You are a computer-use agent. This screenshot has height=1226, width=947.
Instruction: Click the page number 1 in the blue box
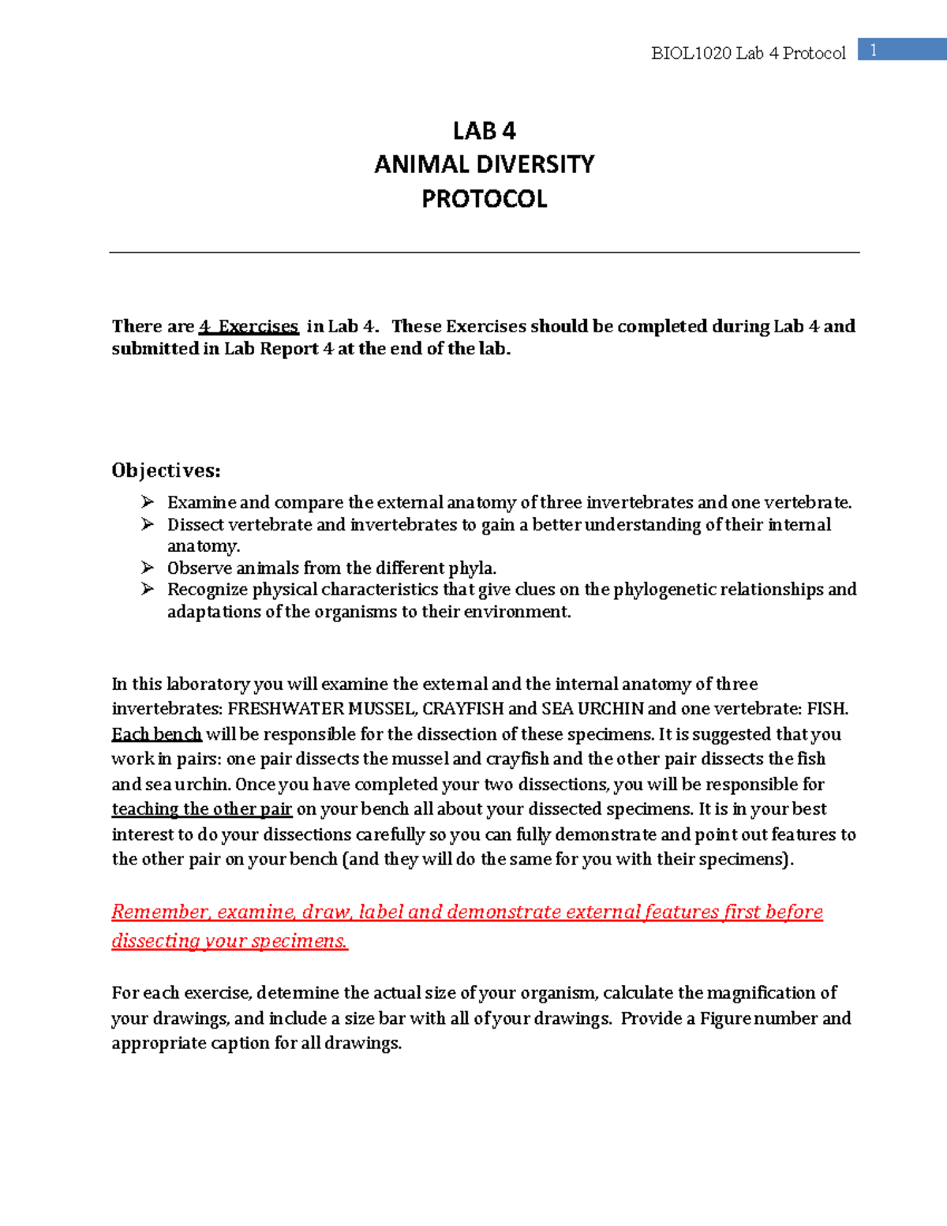pyautogui.click(x=874, y=51)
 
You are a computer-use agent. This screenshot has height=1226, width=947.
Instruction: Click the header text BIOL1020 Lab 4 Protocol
pyautogui.click(x=747, y=53)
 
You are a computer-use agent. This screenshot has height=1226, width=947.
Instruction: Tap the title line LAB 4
pyautogui.click(x=484, y=130)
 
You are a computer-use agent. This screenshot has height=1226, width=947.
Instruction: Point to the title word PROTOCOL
pyautogui.click(x=484, y=199)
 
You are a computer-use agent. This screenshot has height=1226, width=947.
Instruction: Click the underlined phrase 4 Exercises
pyautogui.click(x=249, y=326)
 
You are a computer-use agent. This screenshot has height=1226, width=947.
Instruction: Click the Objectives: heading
pyautogui.click(x=166, y=471)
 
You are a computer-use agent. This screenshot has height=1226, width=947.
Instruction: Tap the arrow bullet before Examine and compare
pyautogui.click(x=148, y=502)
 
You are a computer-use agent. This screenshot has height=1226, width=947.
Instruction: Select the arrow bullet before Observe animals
pyautogui.click(x=148, y=568)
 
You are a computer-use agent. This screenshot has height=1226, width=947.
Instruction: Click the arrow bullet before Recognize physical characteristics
pyautogui.click(x=148, y=589)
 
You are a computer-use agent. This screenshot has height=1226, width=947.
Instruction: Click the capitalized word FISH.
pyautogui.click(x=825, y=709)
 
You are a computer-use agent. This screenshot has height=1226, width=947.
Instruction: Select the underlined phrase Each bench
pyautogui.click(x=156, y=734)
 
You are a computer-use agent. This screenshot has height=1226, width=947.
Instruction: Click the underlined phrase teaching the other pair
pyautogui.click(x=201, y=809)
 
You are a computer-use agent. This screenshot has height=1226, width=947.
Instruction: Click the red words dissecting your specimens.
pyautogui.click(x=229, y=941)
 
